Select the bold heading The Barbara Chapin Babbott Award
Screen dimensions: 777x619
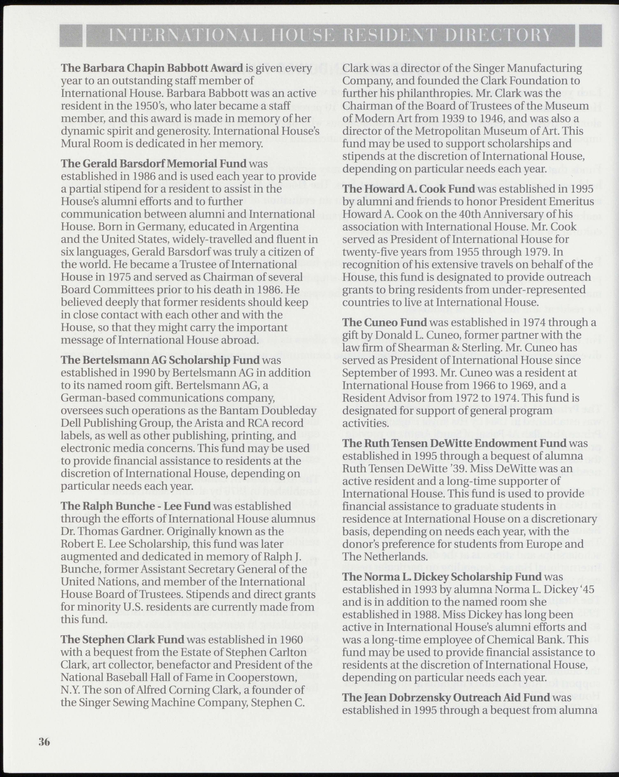[x=152, y=68]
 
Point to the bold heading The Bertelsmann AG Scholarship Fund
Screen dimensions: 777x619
[x=160, y=360]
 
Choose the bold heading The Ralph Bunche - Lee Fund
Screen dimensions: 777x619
[x=136, y=506]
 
